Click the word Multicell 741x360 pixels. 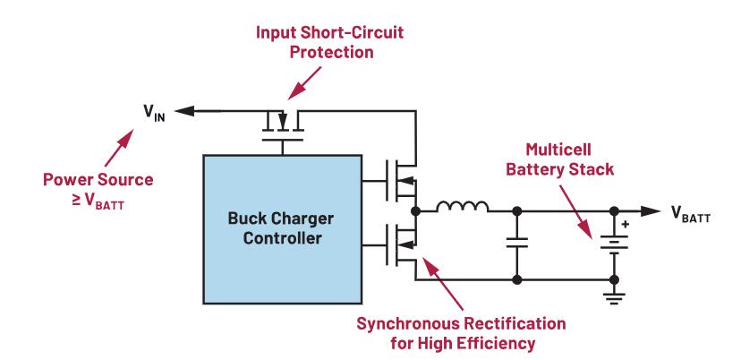(x=548, y=148)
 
